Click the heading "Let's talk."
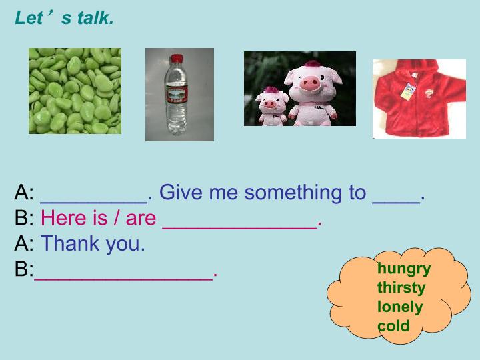(x=64, y=18)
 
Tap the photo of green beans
(x=75, y=91)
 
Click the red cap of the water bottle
(x=177, y=59)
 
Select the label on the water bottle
(x=177, y=95)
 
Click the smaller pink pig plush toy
(x=272, y=106)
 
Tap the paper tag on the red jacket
(x=408, y=91)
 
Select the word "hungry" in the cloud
(x=404, y=269)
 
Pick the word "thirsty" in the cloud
(x=401, y=288)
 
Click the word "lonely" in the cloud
(x=400, y=307)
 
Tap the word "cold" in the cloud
(x=393, y=326)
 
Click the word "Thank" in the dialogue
(x=70, y=243)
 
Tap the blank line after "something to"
(x=396, y=203)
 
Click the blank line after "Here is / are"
(x=240, y=228)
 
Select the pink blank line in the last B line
(x=123, y=279)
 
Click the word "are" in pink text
(x=141, y=219)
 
